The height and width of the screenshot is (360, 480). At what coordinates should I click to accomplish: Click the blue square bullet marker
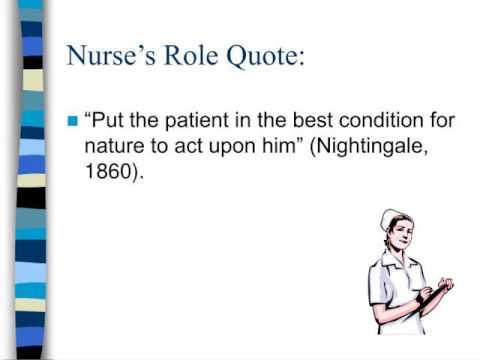(x=71, y=122)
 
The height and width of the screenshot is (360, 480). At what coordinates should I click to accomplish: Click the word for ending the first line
(x=441, y=121)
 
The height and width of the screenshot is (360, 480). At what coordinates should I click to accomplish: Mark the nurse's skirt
(x=394, y=320)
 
